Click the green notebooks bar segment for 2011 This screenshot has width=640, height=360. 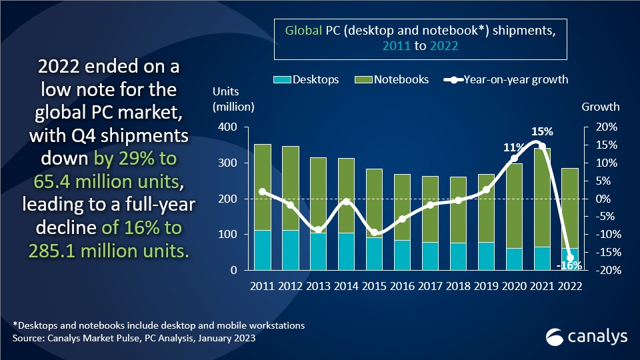tap(263, 187)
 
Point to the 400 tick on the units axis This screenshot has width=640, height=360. tap(229, 127)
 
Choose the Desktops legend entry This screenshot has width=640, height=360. tap(306, 79)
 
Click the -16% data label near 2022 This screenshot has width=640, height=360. tap(568, 265)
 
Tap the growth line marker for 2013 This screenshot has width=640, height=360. tap(318, 230)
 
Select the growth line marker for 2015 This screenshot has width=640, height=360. tap(374, 233)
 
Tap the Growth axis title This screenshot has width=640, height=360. tap(601, 107)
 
